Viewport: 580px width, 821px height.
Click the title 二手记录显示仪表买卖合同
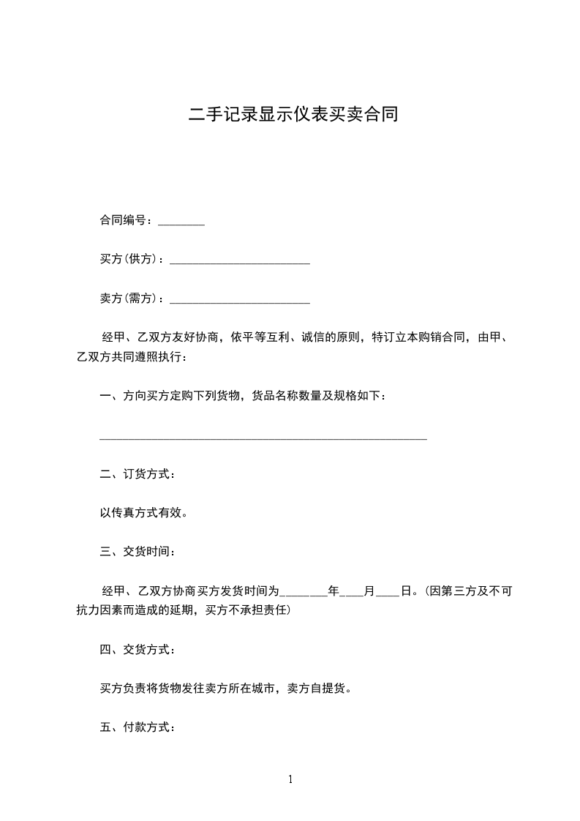coord(293,115)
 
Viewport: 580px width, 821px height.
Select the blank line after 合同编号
coord(181,223)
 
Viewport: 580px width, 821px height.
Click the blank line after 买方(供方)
coord(239,262)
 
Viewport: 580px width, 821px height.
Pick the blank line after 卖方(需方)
coord(239,301)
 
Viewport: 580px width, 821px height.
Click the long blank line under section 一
coord(263,438)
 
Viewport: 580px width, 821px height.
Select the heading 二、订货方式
coord(137,474)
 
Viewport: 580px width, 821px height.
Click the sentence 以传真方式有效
coord(143,513)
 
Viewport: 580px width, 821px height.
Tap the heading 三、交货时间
coord(137,552)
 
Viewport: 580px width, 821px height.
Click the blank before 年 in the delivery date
coord(304,593)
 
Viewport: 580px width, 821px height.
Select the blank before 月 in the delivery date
coord(353,593)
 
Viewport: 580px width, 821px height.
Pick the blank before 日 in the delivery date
coord(388,593)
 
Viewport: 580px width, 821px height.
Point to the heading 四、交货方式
coord(137,649)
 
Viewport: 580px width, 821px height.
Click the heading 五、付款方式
coord(137,727)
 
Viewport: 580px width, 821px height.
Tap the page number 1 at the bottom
coord(290,780)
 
